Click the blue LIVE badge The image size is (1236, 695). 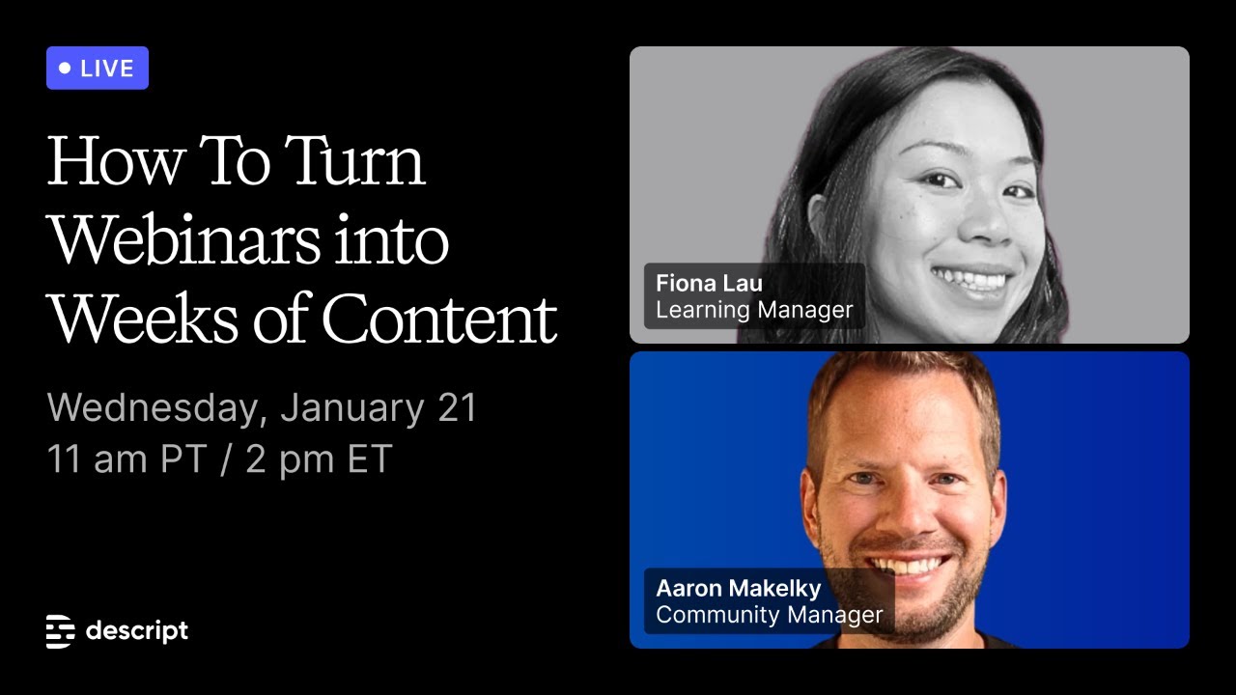97,69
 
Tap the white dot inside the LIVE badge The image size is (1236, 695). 66,69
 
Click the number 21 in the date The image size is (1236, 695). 457,408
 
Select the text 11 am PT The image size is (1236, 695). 126,459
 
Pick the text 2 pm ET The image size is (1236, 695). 319,459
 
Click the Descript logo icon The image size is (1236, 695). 61,631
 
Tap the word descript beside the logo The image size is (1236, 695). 136,631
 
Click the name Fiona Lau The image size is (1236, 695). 709,283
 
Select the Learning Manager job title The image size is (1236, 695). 754,310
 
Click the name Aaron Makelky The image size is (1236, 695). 738,588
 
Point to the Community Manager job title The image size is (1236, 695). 769,615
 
